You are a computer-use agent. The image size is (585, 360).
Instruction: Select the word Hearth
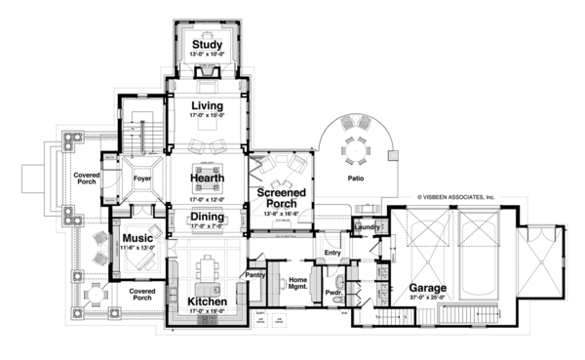[207, 179]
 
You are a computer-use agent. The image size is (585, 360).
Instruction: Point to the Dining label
[207, 218]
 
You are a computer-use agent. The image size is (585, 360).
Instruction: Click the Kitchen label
[207, 303]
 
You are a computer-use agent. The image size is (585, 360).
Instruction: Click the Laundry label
[368, 227]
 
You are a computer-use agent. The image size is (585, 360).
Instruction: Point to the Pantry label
[256, 275]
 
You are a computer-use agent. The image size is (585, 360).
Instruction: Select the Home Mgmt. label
[296, 284]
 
